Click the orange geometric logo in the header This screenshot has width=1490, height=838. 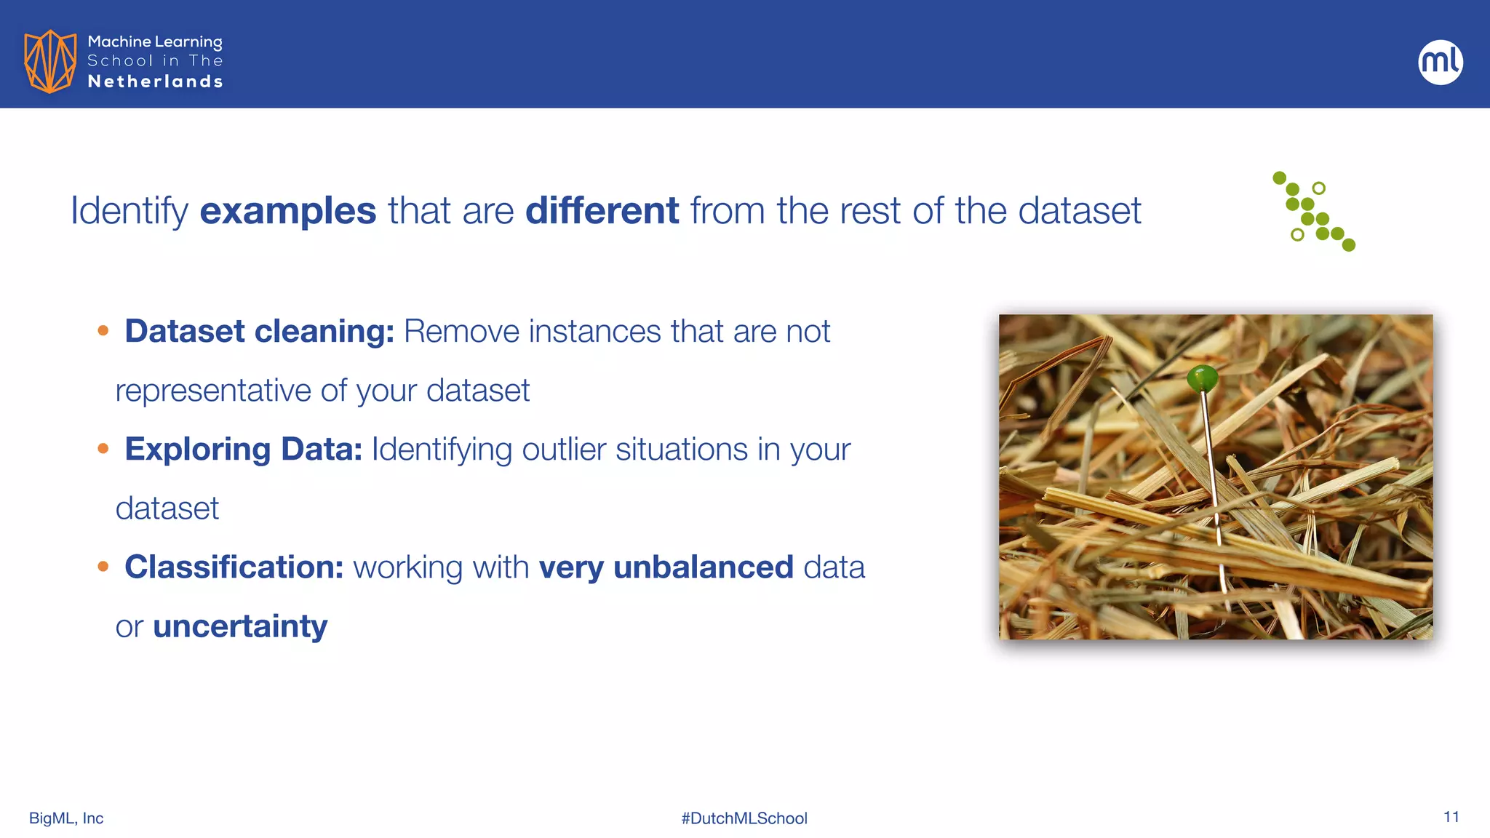[50, 61]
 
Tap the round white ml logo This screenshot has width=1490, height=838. [1440, 62]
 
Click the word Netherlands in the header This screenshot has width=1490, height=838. [155, 81]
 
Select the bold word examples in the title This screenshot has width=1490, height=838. [287, 211]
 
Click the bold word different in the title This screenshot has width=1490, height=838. [602, 211]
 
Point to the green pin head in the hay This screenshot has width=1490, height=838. [1202, 378]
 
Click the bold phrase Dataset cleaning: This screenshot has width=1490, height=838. [259, 331]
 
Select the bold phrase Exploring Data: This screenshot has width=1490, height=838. [243, 449]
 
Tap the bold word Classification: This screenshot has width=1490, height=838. [234, 567]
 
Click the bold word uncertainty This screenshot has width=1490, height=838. [240, 626]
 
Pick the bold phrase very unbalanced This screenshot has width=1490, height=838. [666, 567]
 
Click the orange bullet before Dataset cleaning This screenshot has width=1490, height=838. [103, 331]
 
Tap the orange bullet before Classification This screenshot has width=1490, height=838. [103, 567]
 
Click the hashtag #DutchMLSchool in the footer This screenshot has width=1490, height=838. [744, 818]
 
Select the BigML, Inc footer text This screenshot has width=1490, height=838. [66, 818]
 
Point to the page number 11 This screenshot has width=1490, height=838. [1451, 817]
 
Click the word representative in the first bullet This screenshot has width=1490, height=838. [213, 391]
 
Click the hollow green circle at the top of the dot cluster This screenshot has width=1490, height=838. [1318, 188]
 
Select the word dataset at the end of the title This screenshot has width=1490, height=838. [1079, 211]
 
